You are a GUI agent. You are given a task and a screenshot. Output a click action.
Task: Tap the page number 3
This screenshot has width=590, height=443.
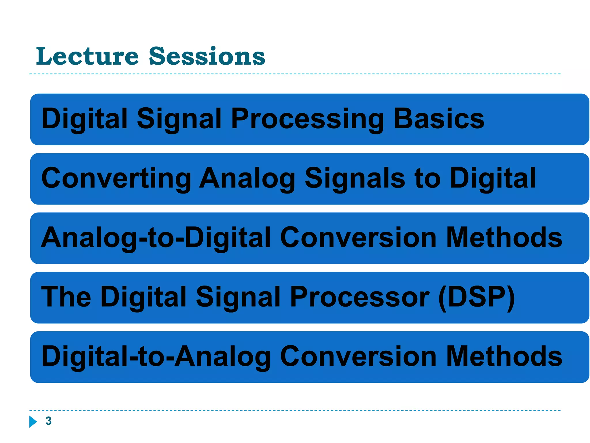[48, 421]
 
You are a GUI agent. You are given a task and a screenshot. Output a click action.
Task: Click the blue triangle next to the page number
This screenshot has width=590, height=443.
[33, 421]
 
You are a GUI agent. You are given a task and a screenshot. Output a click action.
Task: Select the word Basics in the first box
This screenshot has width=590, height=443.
[439, 119]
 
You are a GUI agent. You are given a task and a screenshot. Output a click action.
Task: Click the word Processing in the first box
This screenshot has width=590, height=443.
[307, 119]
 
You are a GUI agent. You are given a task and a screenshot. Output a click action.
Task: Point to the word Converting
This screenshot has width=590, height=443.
[116, 178]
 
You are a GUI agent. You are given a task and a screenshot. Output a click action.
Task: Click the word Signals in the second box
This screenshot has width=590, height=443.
[355, 178]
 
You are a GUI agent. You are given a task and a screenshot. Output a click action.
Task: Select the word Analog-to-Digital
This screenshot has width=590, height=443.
[156, 238]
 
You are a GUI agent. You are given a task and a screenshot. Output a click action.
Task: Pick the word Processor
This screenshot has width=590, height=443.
[360, 297]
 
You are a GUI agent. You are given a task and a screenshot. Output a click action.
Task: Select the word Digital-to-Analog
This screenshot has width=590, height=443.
[156, 357]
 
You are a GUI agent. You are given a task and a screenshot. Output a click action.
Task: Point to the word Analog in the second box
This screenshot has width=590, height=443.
[247, 179]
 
